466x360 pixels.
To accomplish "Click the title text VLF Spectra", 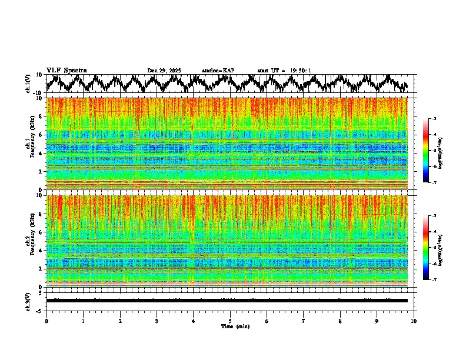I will pos(66,70).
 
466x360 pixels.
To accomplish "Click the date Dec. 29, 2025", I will pos(164,71).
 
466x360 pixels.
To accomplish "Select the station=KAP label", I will pos(218,71).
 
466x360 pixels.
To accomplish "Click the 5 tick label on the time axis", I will pos(230,321).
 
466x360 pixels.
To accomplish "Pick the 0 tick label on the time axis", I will pos(46,321).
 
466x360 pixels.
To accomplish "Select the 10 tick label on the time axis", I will pos(414,321).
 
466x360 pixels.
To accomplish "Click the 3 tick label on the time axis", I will pos(157,321).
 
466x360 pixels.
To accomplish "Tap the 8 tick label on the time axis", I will pos(340,321).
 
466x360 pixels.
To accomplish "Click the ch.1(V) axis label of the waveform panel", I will pos(28,84).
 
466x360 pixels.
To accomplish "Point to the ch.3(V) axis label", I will pos(28,301).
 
